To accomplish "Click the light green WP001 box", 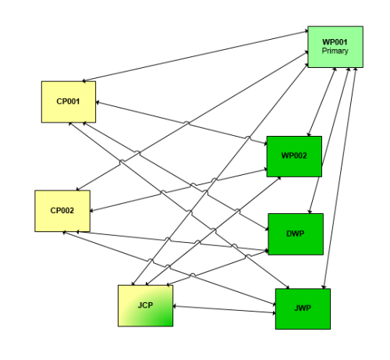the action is (335, 47).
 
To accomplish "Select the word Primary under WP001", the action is (335, 51).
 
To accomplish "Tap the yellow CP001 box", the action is (69, 102).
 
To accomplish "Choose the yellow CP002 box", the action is (62, 211).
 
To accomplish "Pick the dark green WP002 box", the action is (294, 156).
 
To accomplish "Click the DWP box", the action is (296, 234).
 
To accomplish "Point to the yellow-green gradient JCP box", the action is (146, 305).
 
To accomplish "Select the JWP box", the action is (303, 308).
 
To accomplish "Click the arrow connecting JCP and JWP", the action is (224, 309).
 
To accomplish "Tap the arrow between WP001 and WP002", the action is (322, 102).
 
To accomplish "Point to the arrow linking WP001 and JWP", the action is (339, 178).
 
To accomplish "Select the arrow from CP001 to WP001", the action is (195, 56).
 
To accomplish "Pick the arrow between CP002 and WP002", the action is (179, 190).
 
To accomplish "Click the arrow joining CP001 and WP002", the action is (181, 123).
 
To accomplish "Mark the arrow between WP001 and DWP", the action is (329, 141).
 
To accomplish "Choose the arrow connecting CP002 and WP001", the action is (193, 121).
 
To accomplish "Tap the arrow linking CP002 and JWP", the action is (169, 268).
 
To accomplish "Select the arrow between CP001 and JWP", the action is (179, 205).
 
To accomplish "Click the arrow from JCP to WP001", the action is (220, 175).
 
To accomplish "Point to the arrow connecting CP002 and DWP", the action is (172, 241).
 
